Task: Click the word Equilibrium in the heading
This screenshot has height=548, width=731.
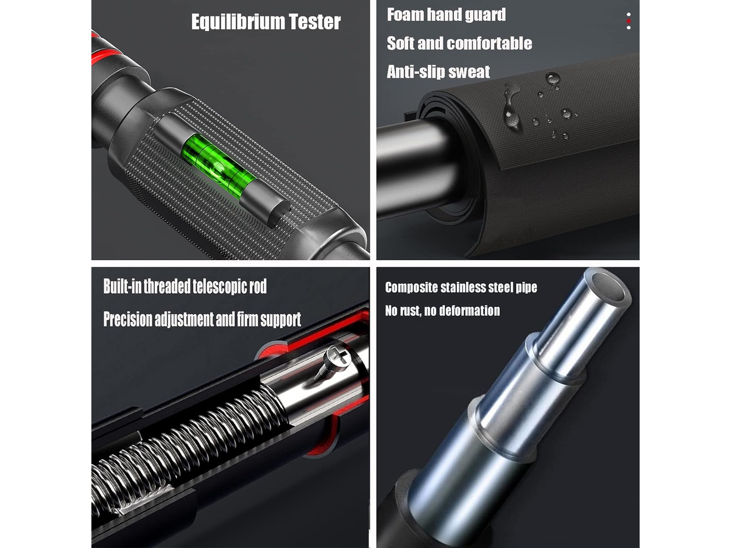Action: point(238,22)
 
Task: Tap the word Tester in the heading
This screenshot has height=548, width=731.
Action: point(315,22)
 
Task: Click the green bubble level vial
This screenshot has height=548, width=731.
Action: point(219,166)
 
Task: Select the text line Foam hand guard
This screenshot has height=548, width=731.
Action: point(447,15)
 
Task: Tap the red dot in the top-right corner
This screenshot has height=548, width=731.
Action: point(629,21)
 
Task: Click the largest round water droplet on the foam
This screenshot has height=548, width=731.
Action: point(553,79)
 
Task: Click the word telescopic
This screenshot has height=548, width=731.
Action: point(220,286)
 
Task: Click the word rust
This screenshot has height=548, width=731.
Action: point(411,311)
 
